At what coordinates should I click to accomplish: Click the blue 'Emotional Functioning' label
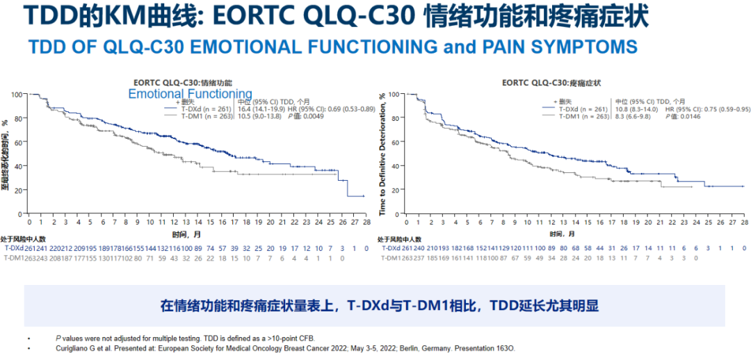click(190, 94)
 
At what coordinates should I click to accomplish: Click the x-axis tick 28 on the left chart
click(366, 222)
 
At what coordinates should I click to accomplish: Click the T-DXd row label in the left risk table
click(14, 247)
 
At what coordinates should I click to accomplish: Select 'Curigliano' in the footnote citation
click(74, 347)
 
